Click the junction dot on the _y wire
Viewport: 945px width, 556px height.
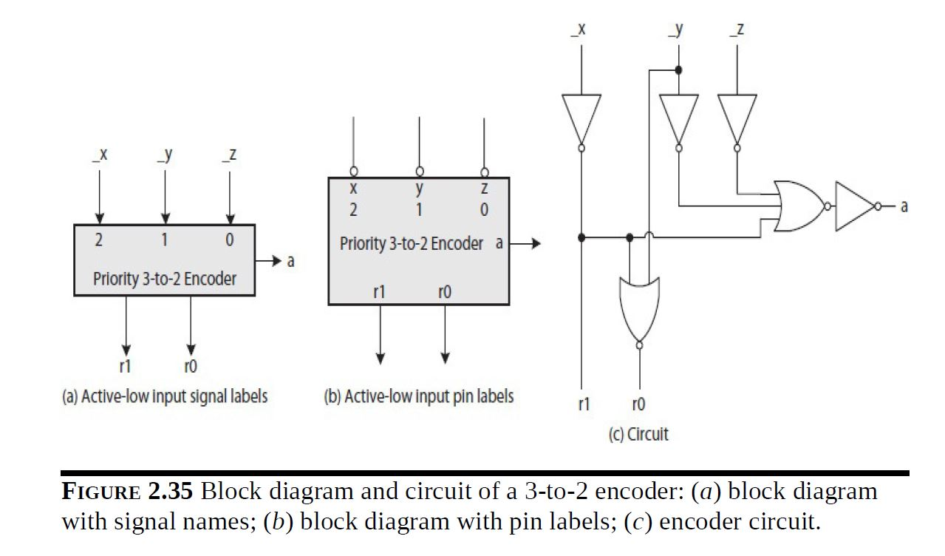pyautogui.click(x=678, y=70)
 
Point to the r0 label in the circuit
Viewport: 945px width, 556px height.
pyautogui.click(x=638, y=404)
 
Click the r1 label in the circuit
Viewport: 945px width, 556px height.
pyautogui.click(x=584, y=404)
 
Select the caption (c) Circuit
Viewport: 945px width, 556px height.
pyautogui.click(x=638, y=434)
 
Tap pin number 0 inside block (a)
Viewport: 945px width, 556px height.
pyautogui.click(x=230, y=240)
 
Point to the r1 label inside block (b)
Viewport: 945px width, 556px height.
pyautogui.click(x=380, y=292)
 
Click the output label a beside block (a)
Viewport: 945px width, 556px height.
pyautogui.click(x=290, y=261)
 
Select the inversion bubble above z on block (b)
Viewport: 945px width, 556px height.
pyautogui.click(x=484, y=173)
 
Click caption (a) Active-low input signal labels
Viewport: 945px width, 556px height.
pyautogui.click(x=164, y=396)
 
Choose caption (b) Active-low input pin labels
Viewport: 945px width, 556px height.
pyautogui.click(x=418, y=396)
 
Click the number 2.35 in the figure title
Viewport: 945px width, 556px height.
pyautogui.click(x=171, y=492)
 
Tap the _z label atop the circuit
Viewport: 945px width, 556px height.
pyautogui.click(x=736, y=30)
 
